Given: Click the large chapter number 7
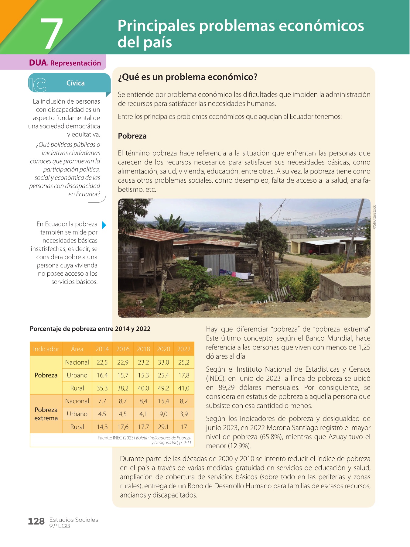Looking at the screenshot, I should point(52,33).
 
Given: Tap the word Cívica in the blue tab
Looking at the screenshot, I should point(75,83).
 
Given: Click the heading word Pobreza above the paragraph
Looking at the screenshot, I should point(132,136).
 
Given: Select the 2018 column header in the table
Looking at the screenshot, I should point(143,349).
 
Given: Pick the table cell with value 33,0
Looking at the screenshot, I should point(163,362).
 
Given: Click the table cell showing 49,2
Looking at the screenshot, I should point(163,388).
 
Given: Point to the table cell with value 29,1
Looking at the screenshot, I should point(163,427).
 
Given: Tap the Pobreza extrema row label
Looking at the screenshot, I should point(46,414).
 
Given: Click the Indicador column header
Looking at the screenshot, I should point(46,349).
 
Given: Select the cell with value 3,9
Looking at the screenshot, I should point(184,414).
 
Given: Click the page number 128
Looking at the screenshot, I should point(36,521).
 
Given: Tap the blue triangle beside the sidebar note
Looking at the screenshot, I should point(104,225).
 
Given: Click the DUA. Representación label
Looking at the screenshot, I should point(65,63).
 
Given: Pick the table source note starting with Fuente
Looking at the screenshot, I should point(145,440).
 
